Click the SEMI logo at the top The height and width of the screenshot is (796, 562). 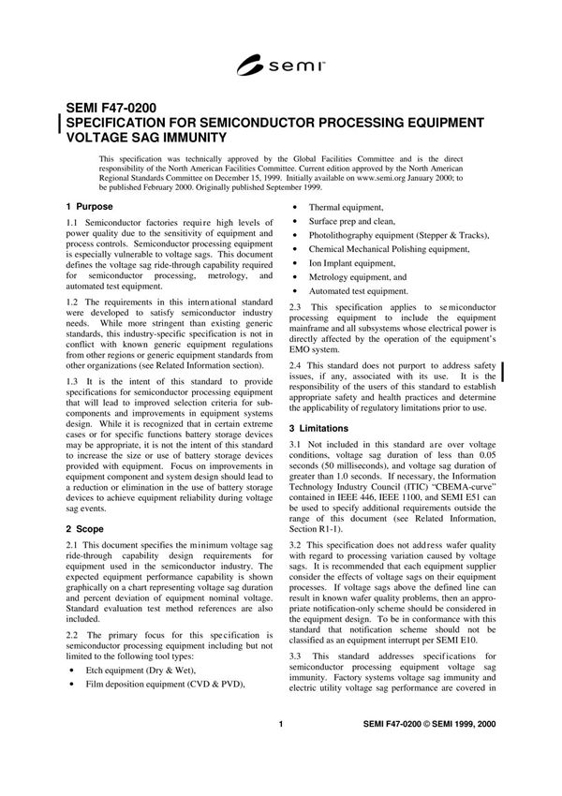click(x=281, y=65)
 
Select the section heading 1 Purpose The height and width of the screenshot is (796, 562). click(x=90, y=206)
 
